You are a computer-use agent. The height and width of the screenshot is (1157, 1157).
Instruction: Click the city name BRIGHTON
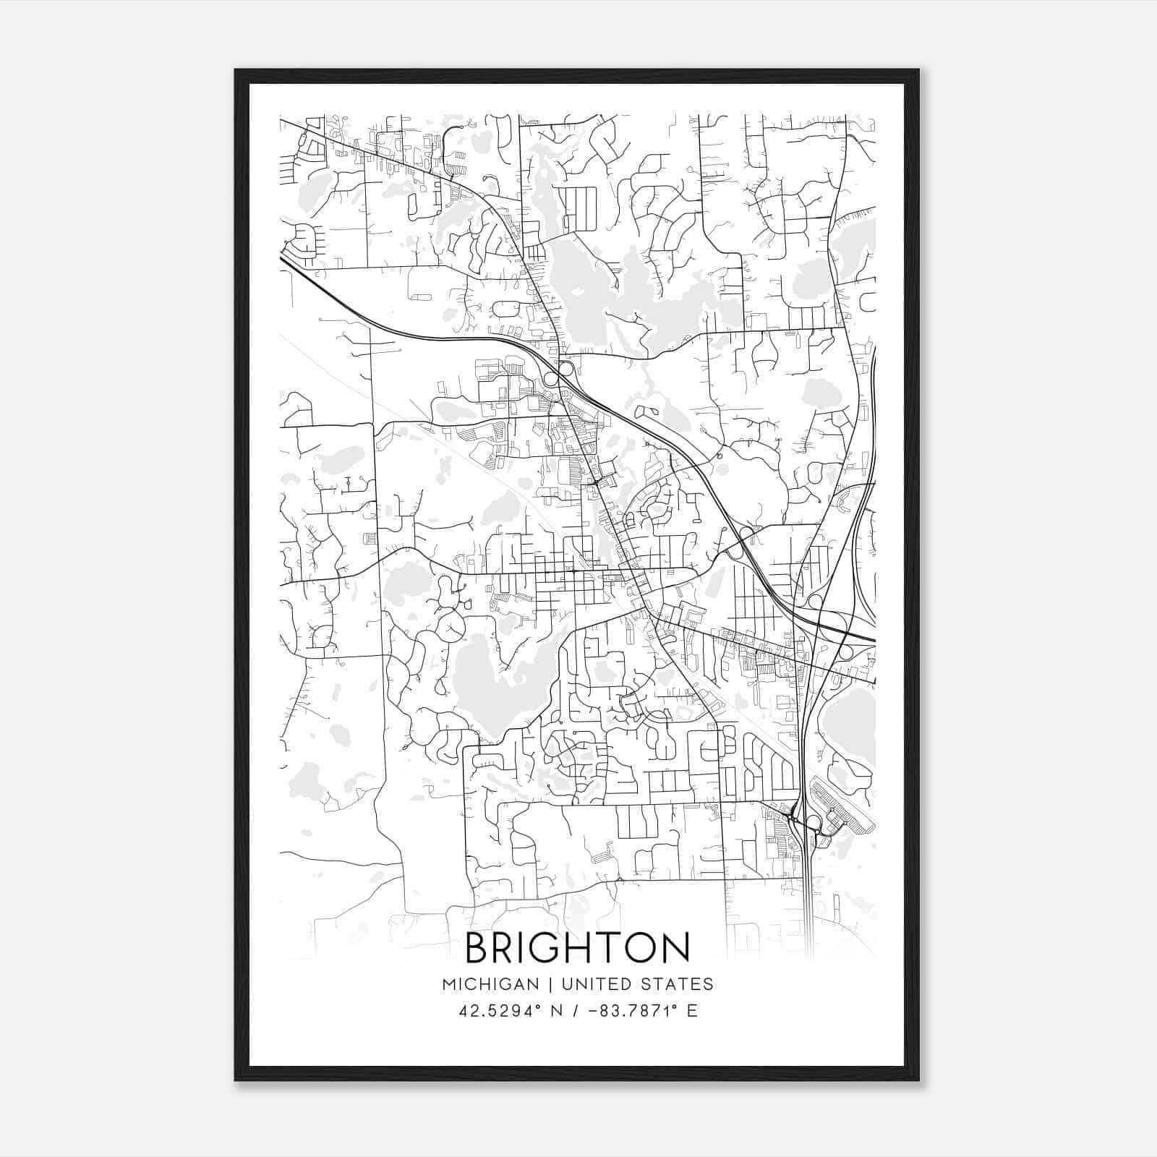click(x=577, y=947)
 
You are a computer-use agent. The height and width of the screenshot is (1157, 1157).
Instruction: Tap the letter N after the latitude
click(x=558, y=1010)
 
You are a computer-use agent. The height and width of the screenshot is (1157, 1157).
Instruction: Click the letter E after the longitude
click(x=692, y=1010)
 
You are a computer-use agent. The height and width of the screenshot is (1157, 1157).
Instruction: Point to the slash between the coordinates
click(x=575, y=1010)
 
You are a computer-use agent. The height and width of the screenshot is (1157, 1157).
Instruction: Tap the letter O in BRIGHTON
click(x=639, y=947)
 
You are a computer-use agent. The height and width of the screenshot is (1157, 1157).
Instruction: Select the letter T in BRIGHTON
click(x=609, y=947)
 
